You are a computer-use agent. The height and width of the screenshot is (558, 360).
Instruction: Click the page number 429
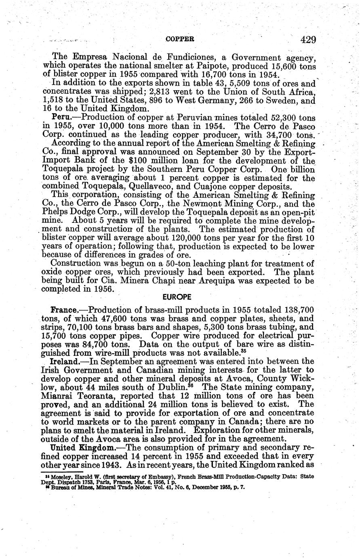click(x=308, y=39)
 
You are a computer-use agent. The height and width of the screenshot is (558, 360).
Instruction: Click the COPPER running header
click(x=180, y=39)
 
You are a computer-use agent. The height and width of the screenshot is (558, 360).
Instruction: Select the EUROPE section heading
click(x=177, y=296)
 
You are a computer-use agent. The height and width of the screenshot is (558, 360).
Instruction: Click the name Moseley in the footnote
click(x=56, y=477)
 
